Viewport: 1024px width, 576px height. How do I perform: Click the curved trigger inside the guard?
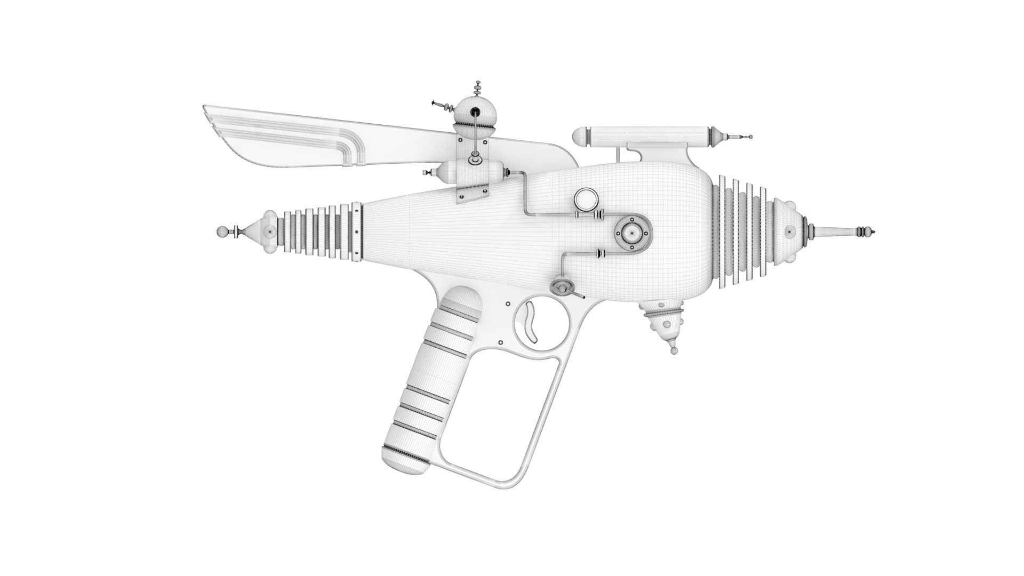coord(531,320)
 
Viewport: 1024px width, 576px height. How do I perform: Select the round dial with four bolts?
coord(632,233)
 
